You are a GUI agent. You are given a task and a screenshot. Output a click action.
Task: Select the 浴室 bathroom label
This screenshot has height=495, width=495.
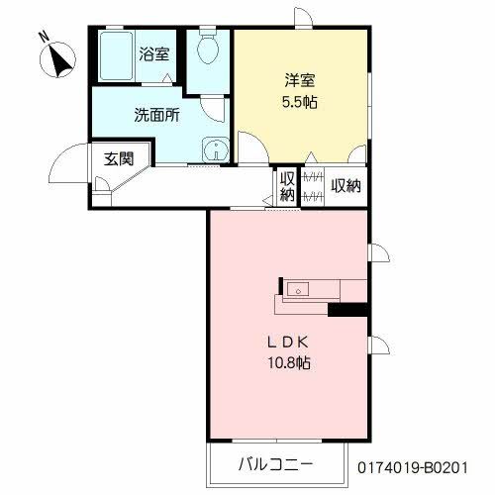coord(153,55)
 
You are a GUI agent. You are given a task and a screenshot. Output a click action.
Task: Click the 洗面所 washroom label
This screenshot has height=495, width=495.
coord(156,114)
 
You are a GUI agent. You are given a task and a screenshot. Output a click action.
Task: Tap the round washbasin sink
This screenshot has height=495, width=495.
coord(213,150)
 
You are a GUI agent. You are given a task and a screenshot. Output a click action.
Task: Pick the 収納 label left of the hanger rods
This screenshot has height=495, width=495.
coord(287,186)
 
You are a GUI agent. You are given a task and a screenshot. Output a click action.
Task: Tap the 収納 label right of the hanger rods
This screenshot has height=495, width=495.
coord(345,185)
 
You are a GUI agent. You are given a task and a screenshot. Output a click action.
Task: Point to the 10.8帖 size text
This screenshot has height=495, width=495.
coord(288,364)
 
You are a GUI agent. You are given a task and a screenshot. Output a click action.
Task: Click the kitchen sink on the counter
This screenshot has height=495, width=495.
coord(299,290)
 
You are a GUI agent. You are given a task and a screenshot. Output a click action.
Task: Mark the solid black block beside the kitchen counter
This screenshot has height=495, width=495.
coord(347,311)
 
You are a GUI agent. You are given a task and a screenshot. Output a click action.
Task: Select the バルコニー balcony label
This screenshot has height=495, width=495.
coord(276,463)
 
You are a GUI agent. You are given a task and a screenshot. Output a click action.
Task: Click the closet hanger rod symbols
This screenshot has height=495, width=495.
coord(312,186)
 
